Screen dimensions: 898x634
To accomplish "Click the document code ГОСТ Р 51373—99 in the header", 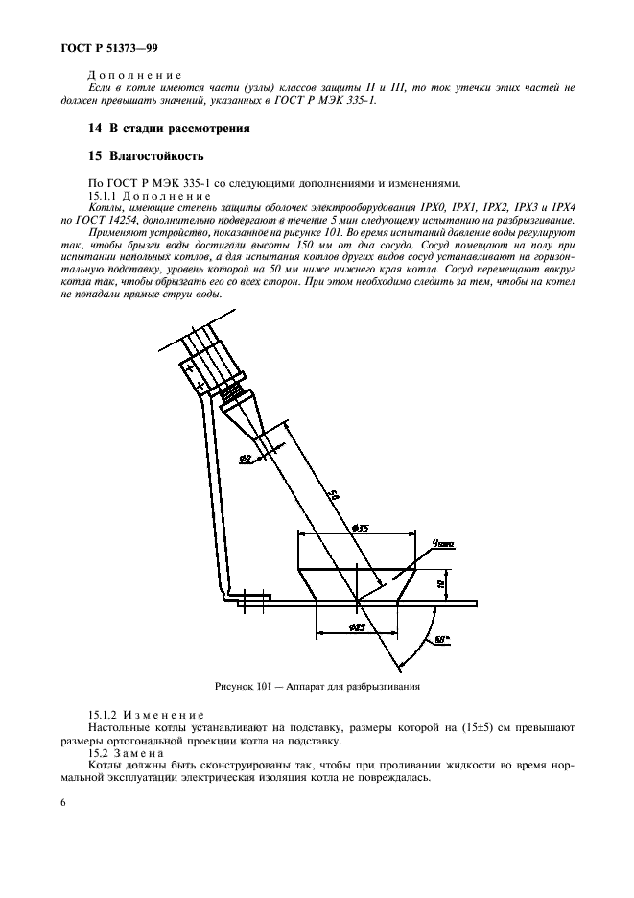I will [x=90, y=47].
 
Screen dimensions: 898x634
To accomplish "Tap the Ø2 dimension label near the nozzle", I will [x=244, y=460].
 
